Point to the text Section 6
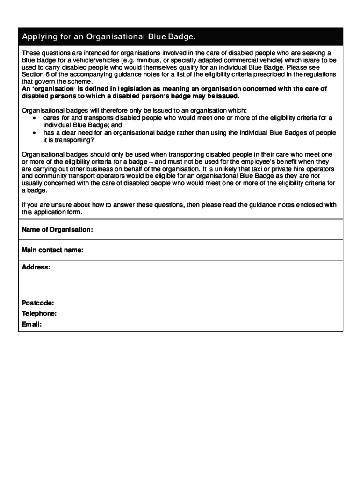click(36, 74)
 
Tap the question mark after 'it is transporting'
click(92, 140)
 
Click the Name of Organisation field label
click(58, 229)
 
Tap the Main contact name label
click(53, 250)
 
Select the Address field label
click(36, 267)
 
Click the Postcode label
click(38, 303)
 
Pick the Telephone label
click(39, 313)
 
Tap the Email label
click(32, 324)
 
